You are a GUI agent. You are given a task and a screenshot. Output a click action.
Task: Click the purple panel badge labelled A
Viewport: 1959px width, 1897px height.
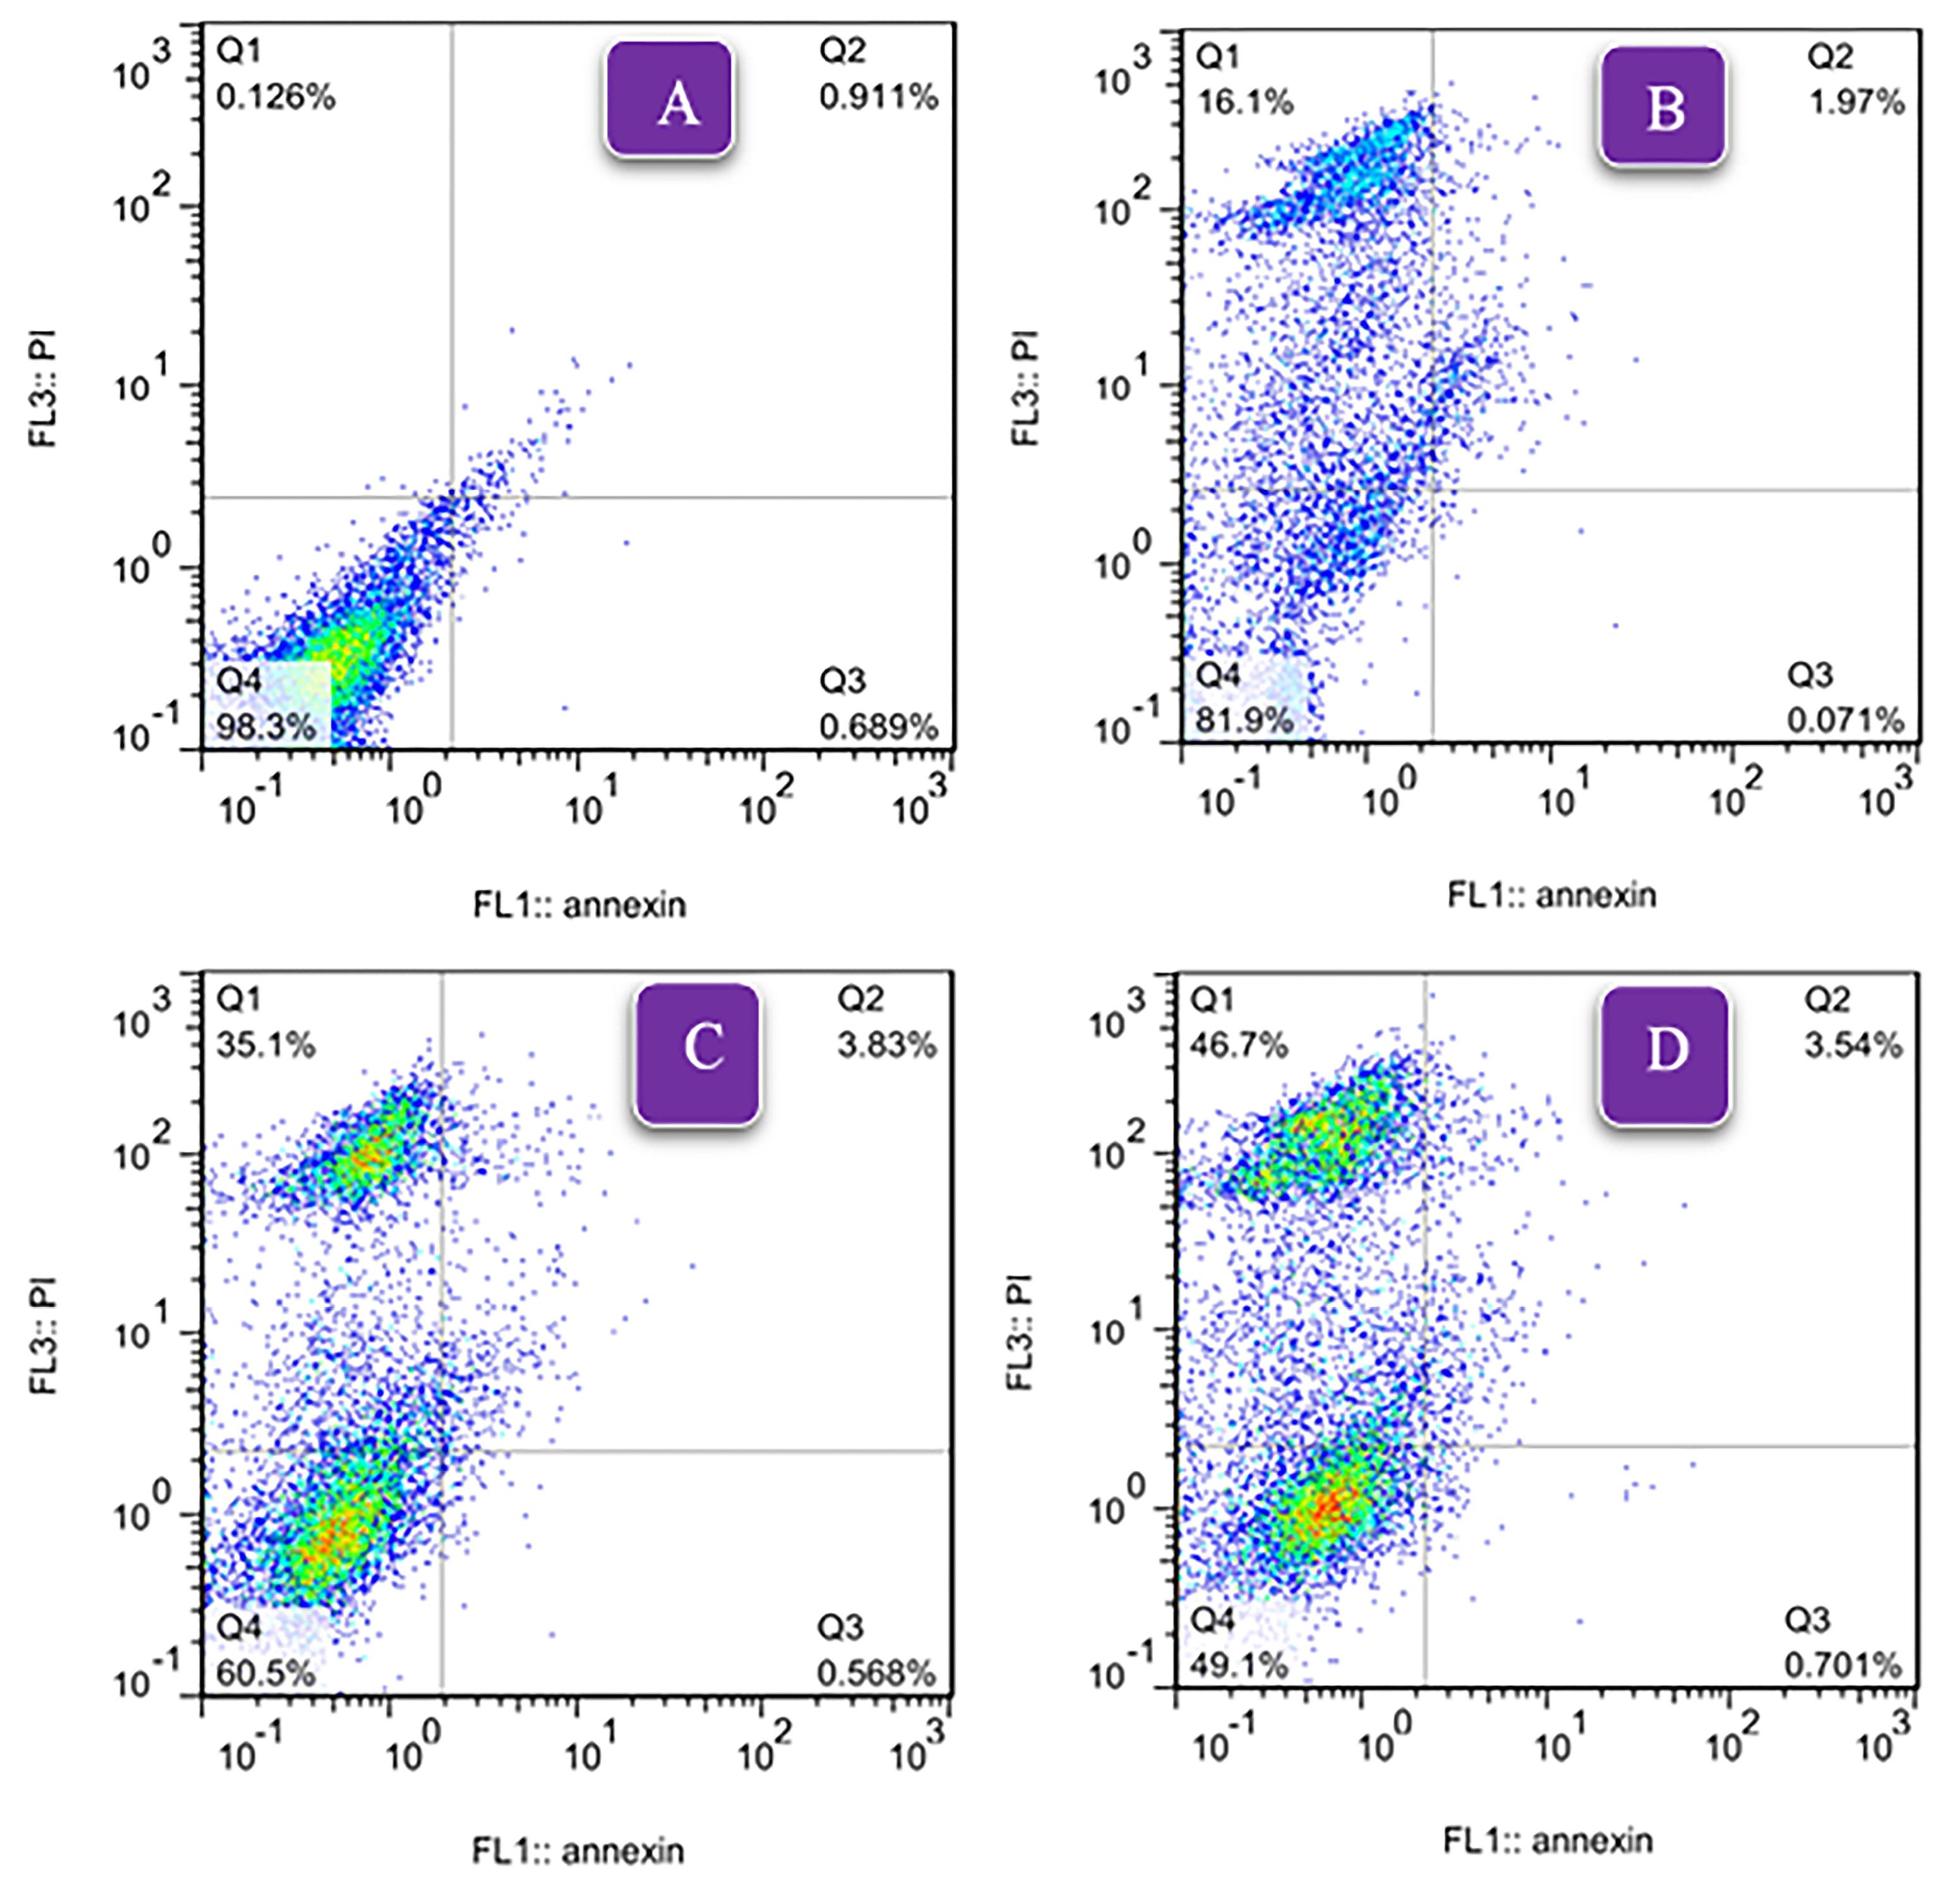coord(669,99)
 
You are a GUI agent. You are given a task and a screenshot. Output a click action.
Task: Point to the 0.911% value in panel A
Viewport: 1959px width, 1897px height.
coord(878,97)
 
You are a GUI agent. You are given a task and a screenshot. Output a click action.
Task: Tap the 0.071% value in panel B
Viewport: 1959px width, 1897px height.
coord(1845,720)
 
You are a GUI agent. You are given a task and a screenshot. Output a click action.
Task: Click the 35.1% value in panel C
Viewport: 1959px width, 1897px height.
coord(266,1046)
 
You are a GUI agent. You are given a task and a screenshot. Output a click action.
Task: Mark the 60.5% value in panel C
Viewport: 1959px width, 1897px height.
coord(266,1672)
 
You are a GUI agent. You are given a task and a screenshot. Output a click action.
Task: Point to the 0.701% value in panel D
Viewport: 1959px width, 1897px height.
coord(1843,1665)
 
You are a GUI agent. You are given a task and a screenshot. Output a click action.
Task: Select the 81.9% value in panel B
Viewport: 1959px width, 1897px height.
coord(1244,720)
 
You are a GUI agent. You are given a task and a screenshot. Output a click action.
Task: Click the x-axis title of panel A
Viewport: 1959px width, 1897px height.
coord(580,906)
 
